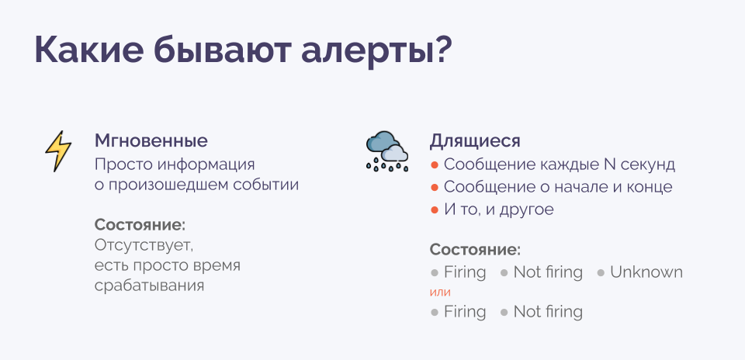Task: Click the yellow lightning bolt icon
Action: (x=58, y=151)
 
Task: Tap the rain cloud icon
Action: (x=386, y=151)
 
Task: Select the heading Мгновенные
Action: (x=151, y=141)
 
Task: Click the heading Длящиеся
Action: (x=475, y=141)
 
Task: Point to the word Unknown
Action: (x=646, y=272)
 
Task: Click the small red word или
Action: (x=440, y=292)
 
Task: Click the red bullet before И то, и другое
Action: (x=435, y=210)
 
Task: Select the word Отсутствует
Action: (x=144, y=245)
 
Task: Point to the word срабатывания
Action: (x=150, y=286)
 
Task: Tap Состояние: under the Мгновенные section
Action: (x=140, y=225)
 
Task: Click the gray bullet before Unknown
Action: (x=601, y=273)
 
